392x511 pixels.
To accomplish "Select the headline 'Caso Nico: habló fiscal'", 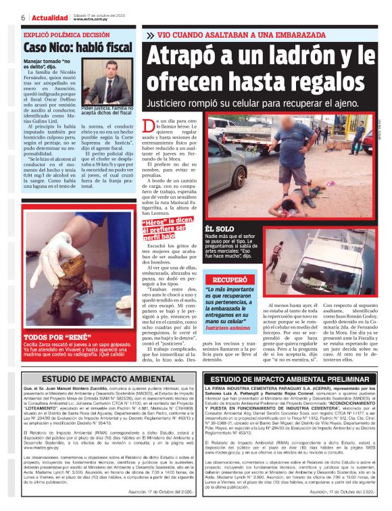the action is click(x=77, y=48).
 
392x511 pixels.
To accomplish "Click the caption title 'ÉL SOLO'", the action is click(x=220, y=230).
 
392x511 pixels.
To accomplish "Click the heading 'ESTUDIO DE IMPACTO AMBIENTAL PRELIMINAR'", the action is click(x=291, y=380).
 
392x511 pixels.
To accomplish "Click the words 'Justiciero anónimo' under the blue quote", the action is click(x=228, y=328).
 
